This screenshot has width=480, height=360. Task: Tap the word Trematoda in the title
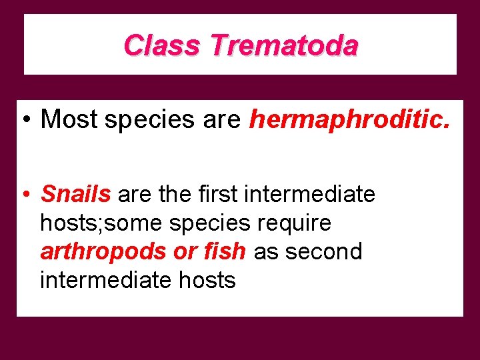click(284, 45)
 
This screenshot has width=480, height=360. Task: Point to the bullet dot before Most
click(24, 120)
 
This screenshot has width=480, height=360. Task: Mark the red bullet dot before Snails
click(24, 195)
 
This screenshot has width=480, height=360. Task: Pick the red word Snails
click(75, 194)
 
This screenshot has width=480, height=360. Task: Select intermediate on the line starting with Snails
click(309, 194)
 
